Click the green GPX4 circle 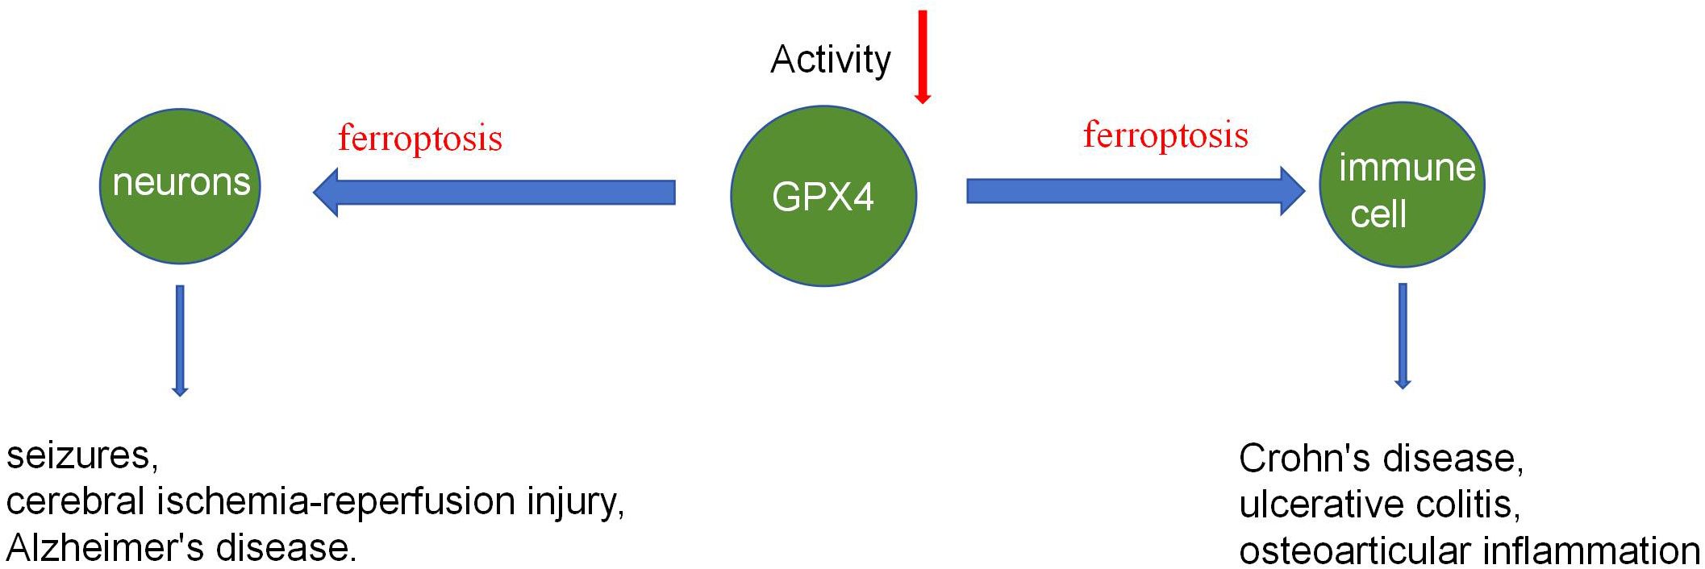pos(823,196)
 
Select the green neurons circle pos(180,185)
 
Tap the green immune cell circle pos(1402,185)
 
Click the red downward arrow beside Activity pos(923,56)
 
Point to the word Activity pos(830,60)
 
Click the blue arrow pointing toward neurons pos(494,192)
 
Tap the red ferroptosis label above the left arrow pos(420,138)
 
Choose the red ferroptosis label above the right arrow pos(1165,135)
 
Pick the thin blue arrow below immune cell pos(1403,335)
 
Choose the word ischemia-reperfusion pos(337,502)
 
